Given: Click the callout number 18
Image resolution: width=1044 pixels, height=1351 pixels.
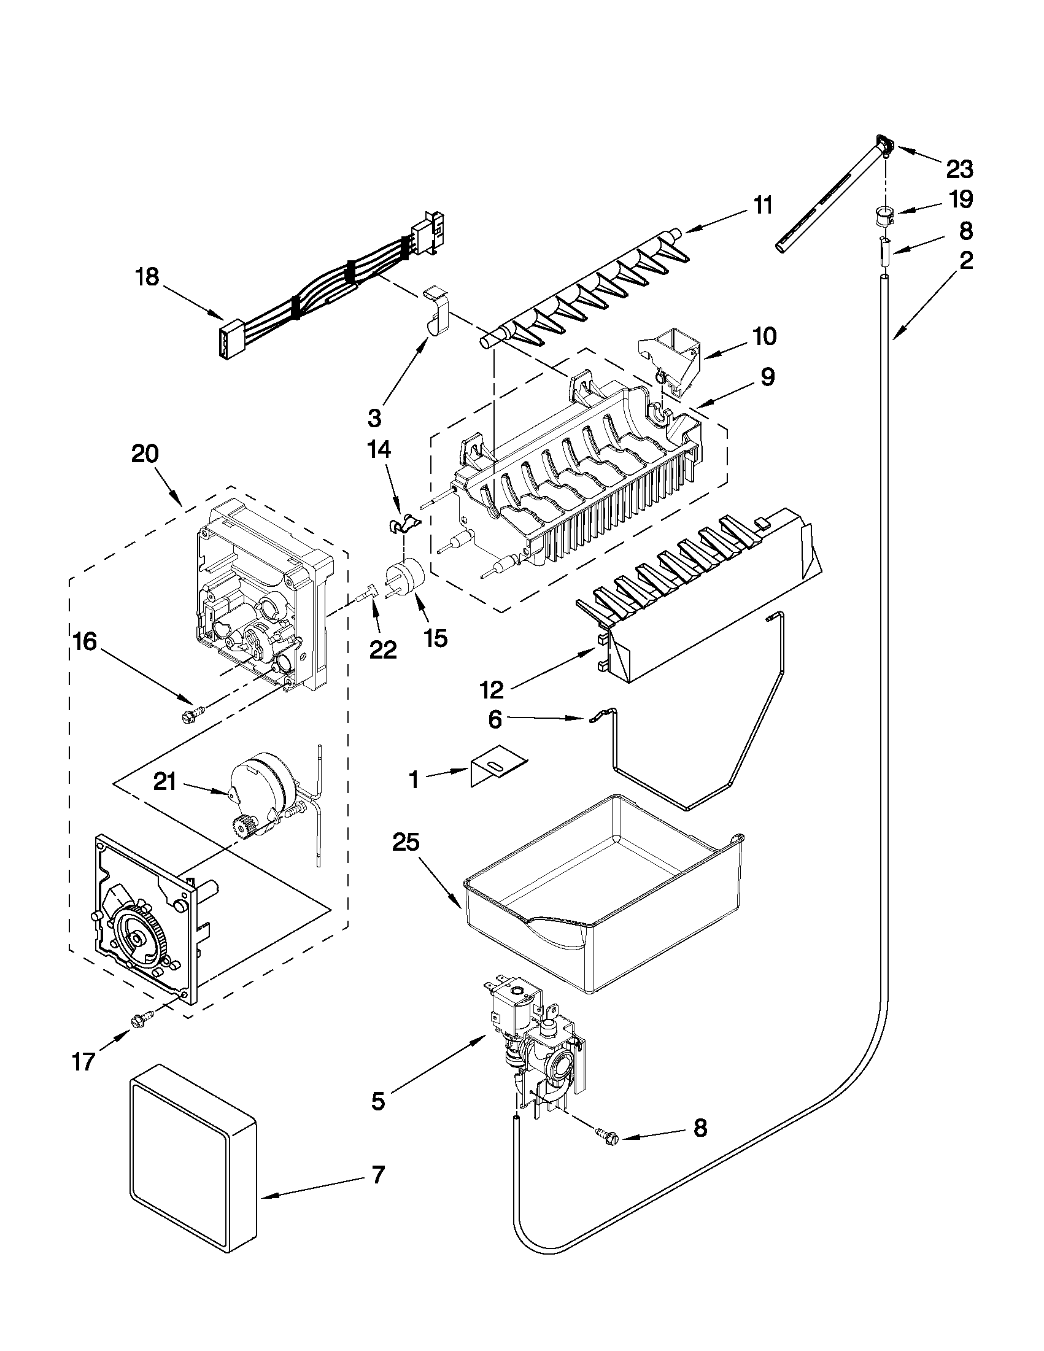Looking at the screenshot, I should (x=147, y=276).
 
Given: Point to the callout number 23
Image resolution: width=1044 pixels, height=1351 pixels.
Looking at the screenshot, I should (x=959, y=168).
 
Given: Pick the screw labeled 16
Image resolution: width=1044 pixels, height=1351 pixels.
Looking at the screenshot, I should (x=186, y=717).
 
